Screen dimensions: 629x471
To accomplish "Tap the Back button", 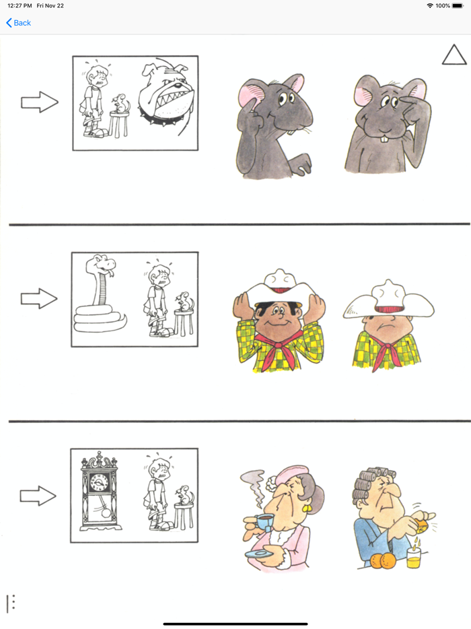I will (x=19, y=23).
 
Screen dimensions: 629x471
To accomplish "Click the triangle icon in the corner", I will (x=454, y=55).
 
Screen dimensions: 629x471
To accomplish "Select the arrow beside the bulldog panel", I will (x=39, y=102).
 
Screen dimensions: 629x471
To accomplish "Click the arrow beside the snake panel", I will (x=39, y=298).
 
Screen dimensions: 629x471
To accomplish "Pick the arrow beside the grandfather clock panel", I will (x=39, y=496).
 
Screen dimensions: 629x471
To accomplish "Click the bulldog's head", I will (x=164, y=94).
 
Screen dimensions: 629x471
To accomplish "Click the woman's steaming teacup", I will (x=265, y=522).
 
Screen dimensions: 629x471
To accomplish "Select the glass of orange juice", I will (x=413, y=557).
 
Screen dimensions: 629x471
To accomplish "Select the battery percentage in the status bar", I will (x=443, y=5).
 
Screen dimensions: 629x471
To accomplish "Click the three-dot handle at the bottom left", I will (x=11, y=603).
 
